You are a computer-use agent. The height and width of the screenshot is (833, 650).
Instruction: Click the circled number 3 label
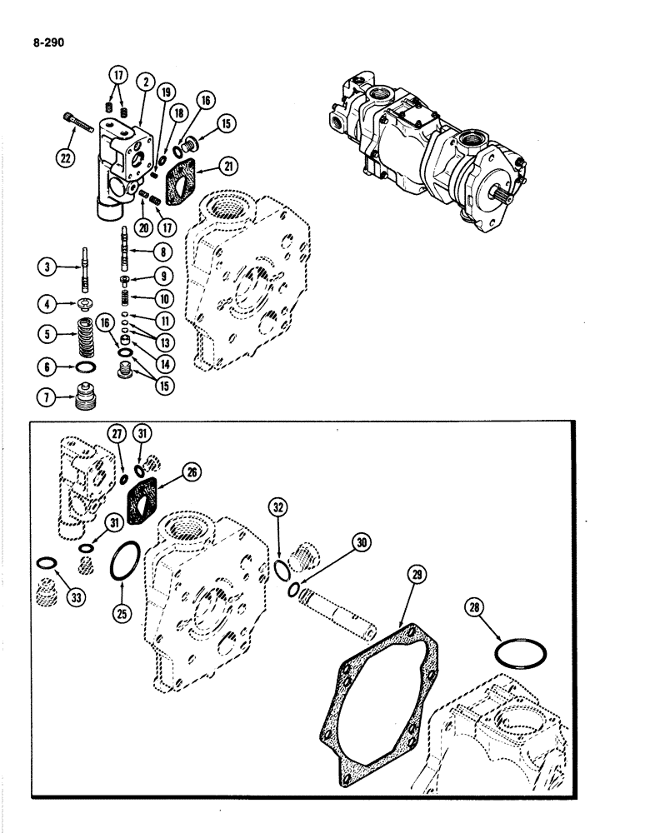pos(49,268)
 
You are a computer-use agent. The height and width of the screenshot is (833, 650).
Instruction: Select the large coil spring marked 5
pos(85,337)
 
